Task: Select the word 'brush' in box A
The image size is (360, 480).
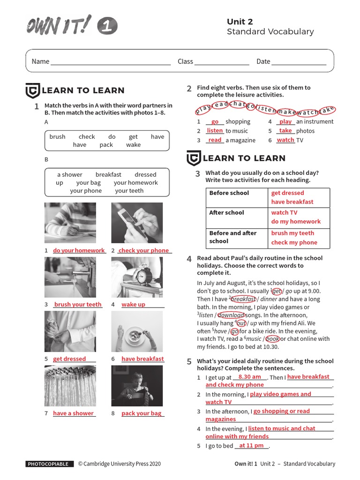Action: [x=57, y=137]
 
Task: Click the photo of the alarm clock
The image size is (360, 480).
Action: [x=137, y=277]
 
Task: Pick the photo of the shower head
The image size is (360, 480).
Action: [x=70, y=386]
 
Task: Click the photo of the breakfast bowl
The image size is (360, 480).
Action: [x=137, y=331]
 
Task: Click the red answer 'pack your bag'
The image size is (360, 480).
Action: [x=141, y=413]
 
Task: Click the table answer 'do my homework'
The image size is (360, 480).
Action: [x=296, y=222]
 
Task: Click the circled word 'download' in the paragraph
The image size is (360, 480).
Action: [x=231, y=315]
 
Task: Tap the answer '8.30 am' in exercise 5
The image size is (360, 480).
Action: [x=249, y=377]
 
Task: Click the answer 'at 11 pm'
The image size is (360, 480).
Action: [x=251, y=446]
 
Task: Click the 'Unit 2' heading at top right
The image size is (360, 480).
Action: [x=240, y=22]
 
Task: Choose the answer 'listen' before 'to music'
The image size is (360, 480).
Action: [x=215, y=131]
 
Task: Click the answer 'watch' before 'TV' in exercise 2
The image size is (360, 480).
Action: [x=285, y=140]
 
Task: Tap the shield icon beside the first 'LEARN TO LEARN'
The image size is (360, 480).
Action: [x=32, y=90]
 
